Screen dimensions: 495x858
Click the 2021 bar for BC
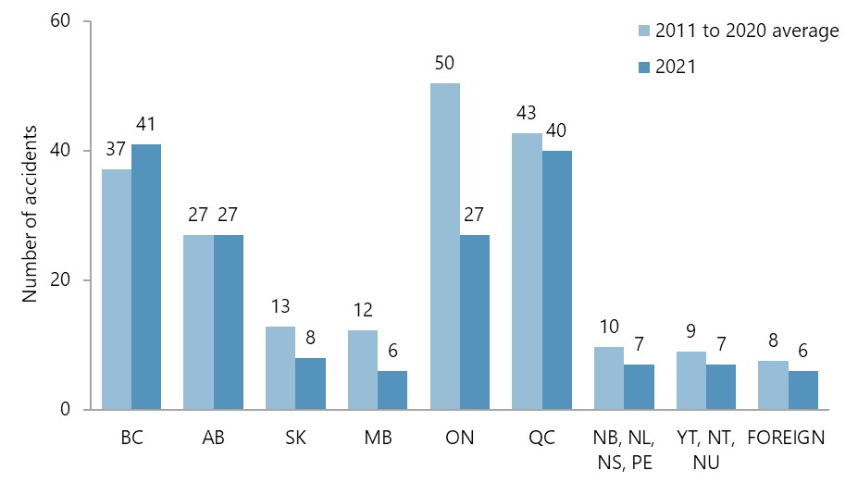pos(145,277)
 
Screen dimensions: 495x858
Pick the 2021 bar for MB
pos(392,390)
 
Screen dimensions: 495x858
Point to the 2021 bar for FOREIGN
pos(802,390)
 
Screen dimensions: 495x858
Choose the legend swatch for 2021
pos(645,67)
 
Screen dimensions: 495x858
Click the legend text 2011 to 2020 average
pos(747,31)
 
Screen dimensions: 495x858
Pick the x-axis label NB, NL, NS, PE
pos(623,449)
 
